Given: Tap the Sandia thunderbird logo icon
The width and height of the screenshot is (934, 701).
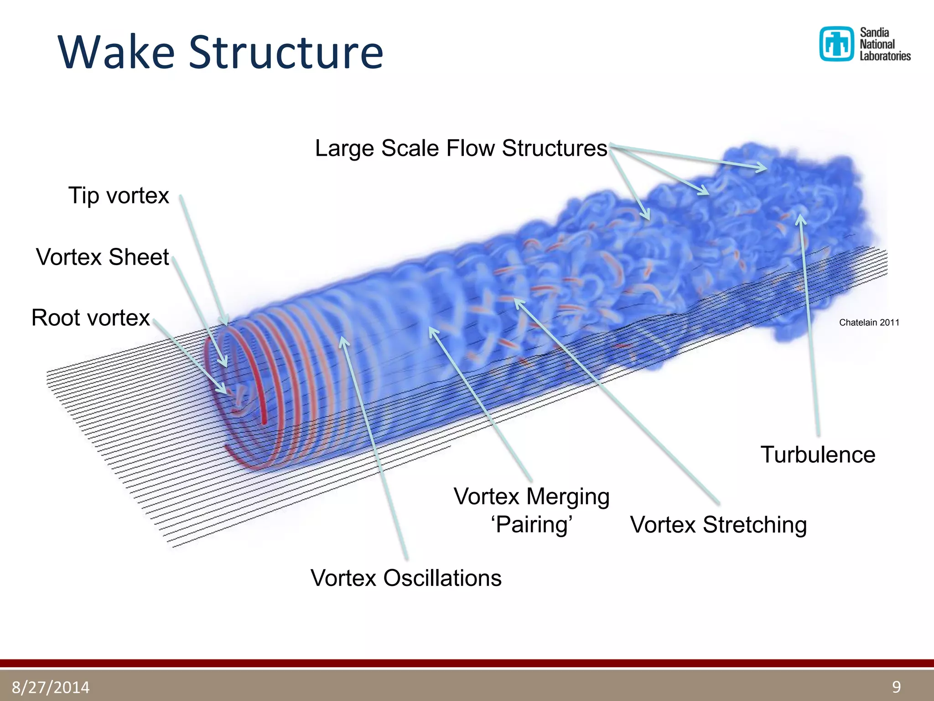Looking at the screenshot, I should point(836,44).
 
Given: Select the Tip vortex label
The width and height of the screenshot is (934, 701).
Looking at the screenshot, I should point(119,195).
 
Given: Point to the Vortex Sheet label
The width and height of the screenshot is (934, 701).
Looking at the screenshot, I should point(103,256).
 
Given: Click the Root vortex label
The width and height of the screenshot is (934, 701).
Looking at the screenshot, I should point(90,318).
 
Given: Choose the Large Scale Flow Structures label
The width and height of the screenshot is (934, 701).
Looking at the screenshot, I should point(461,148).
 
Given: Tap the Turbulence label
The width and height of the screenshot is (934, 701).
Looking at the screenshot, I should point(818,455).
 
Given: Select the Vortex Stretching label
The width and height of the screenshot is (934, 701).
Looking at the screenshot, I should point(718,525).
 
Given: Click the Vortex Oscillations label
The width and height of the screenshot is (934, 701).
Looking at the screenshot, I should point(406,578).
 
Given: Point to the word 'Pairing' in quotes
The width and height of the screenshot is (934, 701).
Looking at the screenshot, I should point(532,525).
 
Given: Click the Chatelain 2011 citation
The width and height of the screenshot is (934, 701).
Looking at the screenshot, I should point(869,323).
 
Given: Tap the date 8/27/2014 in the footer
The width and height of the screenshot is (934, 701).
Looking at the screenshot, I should point(51,687).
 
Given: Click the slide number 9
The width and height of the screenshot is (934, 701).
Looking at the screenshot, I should point(896,686).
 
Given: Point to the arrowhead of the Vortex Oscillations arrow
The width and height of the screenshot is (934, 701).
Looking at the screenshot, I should point(343,340).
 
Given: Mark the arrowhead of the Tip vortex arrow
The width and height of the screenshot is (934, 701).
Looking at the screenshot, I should point(225,322).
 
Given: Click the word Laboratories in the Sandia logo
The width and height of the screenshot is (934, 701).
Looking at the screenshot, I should point(885,56).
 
